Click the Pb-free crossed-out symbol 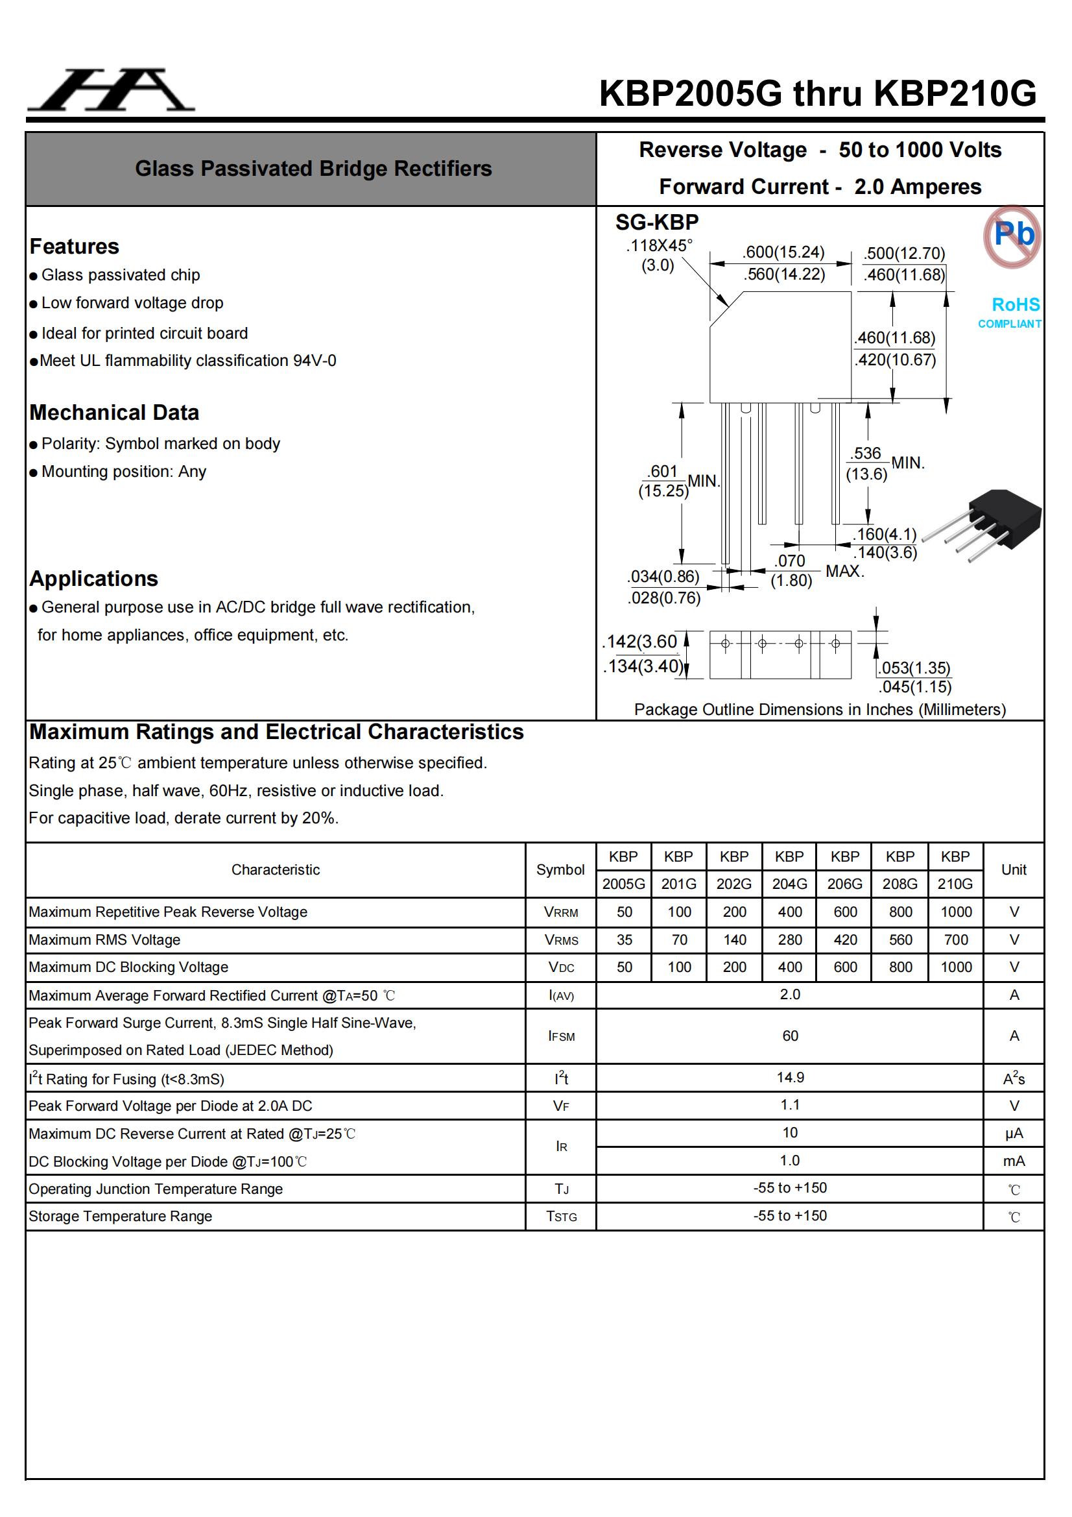(1011, 236)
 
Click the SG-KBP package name (656, 223)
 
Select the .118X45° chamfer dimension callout (658, 255)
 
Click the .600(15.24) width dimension (783, 252)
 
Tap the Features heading (75, 247)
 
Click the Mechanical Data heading (114, 412)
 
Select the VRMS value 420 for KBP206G (845, 940)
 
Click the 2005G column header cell (623, 883)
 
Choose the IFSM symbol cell (561, 1036)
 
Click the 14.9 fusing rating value (790, 1078)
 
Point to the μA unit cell (1013, 1133)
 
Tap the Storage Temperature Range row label (120, 1217)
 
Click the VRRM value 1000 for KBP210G (956, 912)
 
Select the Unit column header (1013, 869)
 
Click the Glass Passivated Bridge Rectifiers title (313, 169)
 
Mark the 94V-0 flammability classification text (315, 361)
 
